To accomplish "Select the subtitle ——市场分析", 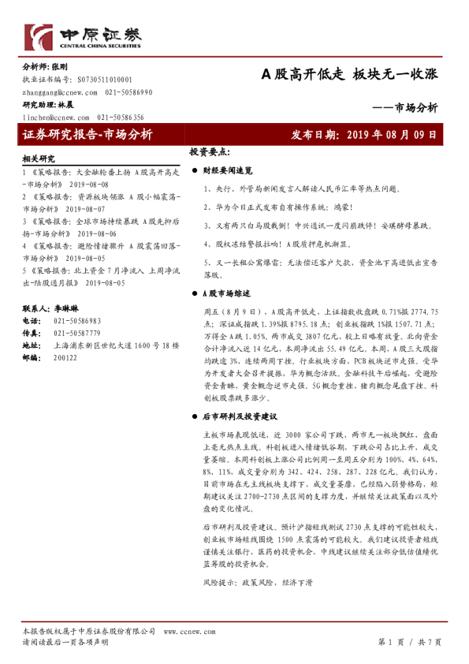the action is (404, 109).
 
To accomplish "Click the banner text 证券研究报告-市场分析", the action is (87, 134).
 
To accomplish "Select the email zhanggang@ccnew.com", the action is (55, 92).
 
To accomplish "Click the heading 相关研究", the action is (39, 158).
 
